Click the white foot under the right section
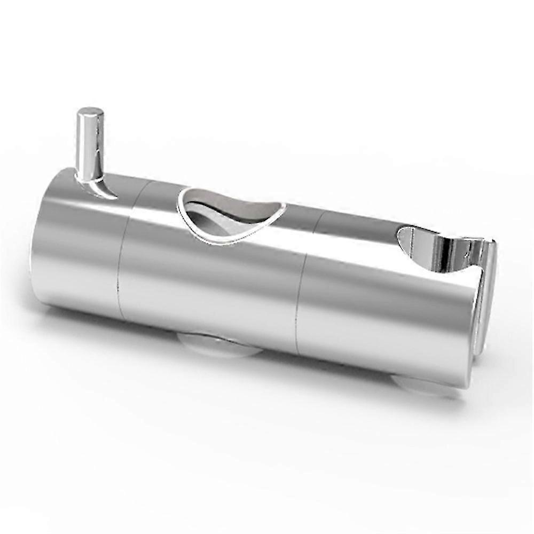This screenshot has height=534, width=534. [x=422, y=386]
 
